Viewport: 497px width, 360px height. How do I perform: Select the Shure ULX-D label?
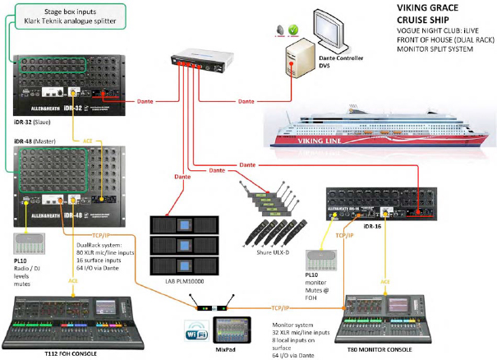pyautogui.click(x=266, y=243)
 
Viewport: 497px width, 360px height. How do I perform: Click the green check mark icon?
pyautogui.click(x=291, y=31)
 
